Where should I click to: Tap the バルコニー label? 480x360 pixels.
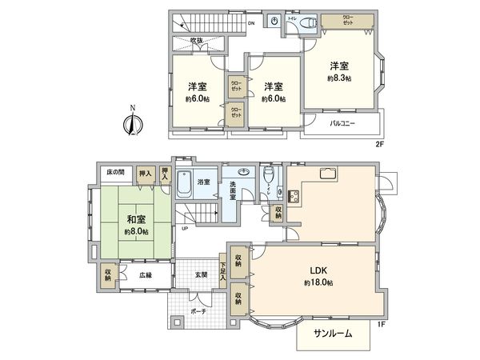(x=342, y=124)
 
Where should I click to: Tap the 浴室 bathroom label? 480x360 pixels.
(x=204, y=182)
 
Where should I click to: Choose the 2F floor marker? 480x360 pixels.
(x=382, y=144)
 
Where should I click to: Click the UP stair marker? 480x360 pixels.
(x=186, y=228)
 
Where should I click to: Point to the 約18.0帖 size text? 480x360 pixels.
(x=318, y=283)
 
